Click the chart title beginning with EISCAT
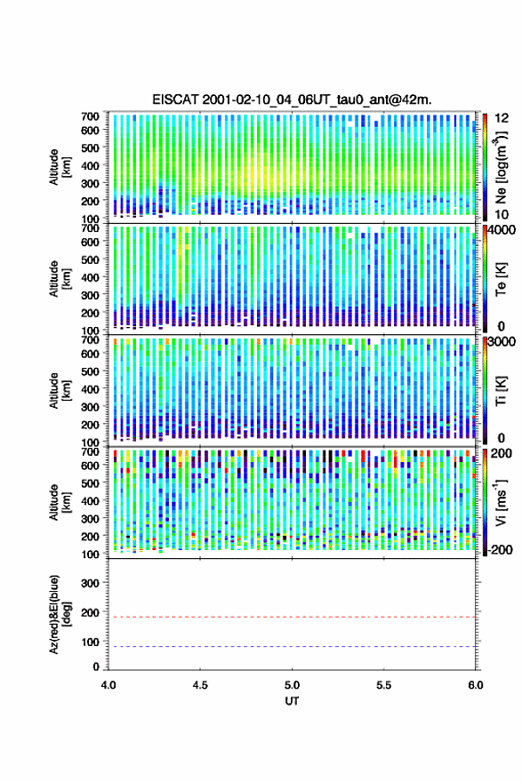pos(292,100)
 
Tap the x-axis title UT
pos(292,701)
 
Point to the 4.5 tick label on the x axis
pos(200,685)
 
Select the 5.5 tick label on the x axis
pos(384,685)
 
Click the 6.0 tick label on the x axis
pos(476,685)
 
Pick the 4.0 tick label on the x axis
pos(108,685)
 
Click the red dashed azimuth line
pos(292,617)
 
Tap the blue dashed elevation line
pos(292,646)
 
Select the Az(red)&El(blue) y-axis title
pos(60,614)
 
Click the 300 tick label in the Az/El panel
pos(90,583)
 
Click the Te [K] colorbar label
pos(501,280)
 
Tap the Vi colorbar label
pos(501,502)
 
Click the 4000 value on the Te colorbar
pos(501,231)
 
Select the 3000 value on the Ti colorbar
pos(501,341)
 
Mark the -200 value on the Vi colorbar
pos(499,549)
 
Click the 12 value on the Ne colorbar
pos(502,118)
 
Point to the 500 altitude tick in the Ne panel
pos(90,148)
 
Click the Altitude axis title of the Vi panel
pos(60,502)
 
